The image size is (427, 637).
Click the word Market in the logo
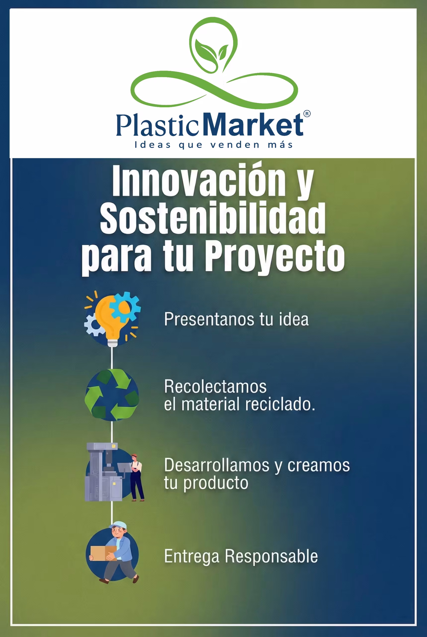253,124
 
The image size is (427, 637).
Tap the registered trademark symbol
307,114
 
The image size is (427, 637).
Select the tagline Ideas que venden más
214,145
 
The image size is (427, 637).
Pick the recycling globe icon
112,395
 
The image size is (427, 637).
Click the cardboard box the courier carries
103,553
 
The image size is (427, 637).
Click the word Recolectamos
215,386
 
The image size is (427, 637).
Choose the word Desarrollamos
217,465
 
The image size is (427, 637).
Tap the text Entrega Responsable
241,556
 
